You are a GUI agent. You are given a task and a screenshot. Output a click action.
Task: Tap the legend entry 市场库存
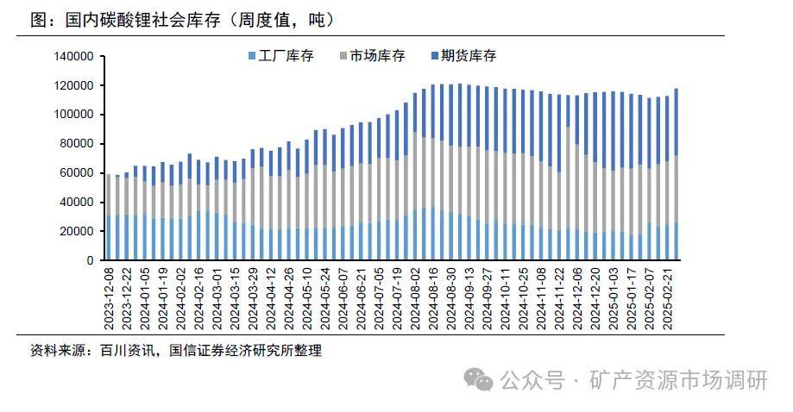tap(376, 56)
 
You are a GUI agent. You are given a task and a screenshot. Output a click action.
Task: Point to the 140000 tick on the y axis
tap(73, 57)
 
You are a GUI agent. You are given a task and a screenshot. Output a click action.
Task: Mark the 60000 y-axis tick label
tap(76, 173)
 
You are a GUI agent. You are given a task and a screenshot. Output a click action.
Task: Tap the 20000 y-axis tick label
tap(76, 231)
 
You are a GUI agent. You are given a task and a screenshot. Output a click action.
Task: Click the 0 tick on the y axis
tap(89, 260)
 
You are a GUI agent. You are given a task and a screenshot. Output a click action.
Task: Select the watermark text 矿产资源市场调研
tap(678, 379)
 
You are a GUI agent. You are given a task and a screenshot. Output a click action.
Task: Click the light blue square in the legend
tap(251, 57)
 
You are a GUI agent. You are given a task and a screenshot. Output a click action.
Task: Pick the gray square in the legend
tap(343, 57)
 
